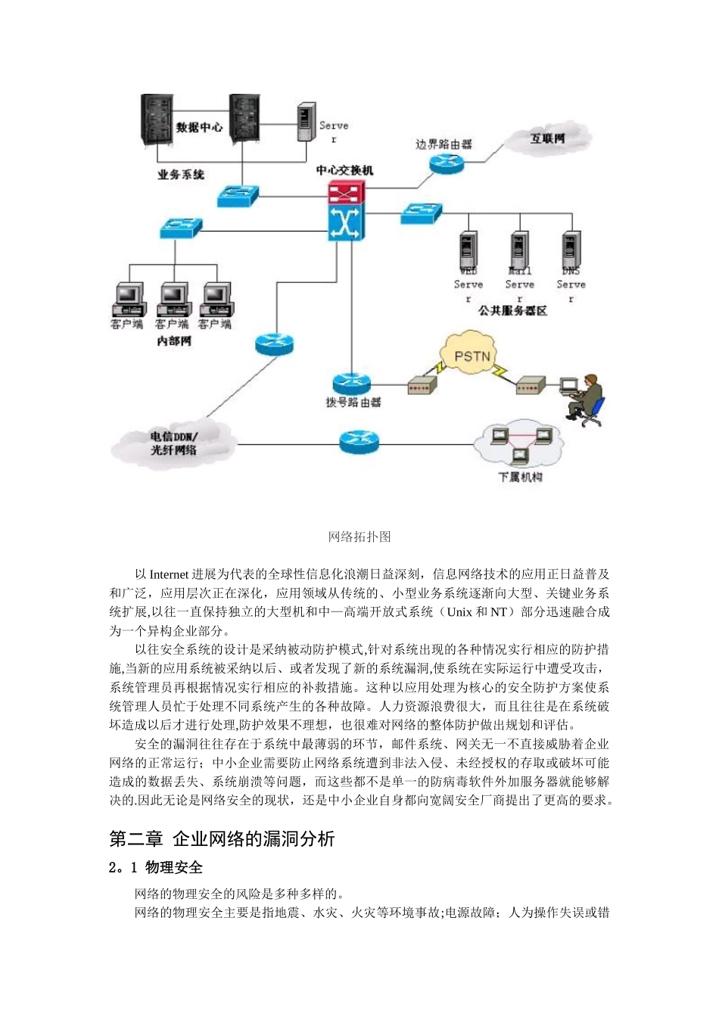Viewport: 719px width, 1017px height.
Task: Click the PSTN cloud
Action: [472, 356]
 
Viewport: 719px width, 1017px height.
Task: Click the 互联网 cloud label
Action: [547, 139]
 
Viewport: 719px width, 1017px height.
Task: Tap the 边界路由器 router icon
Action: [446, 162]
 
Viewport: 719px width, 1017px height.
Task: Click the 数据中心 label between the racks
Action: [200, 127]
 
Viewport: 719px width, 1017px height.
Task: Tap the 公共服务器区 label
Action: [512, 311]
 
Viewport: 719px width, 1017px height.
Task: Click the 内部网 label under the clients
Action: [174, 341]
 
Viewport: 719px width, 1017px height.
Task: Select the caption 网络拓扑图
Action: [359, 536]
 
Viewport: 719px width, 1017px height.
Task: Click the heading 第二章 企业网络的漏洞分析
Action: [222, 838]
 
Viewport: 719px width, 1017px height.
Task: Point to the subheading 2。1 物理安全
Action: [156, 867]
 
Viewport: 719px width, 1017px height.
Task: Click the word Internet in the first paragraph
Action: [169, 574]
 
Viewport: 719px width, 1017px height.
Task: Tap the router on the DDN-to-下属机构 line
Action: [359, 441]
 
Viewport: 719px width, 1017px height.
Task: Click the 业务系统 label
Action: [181, 175]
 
